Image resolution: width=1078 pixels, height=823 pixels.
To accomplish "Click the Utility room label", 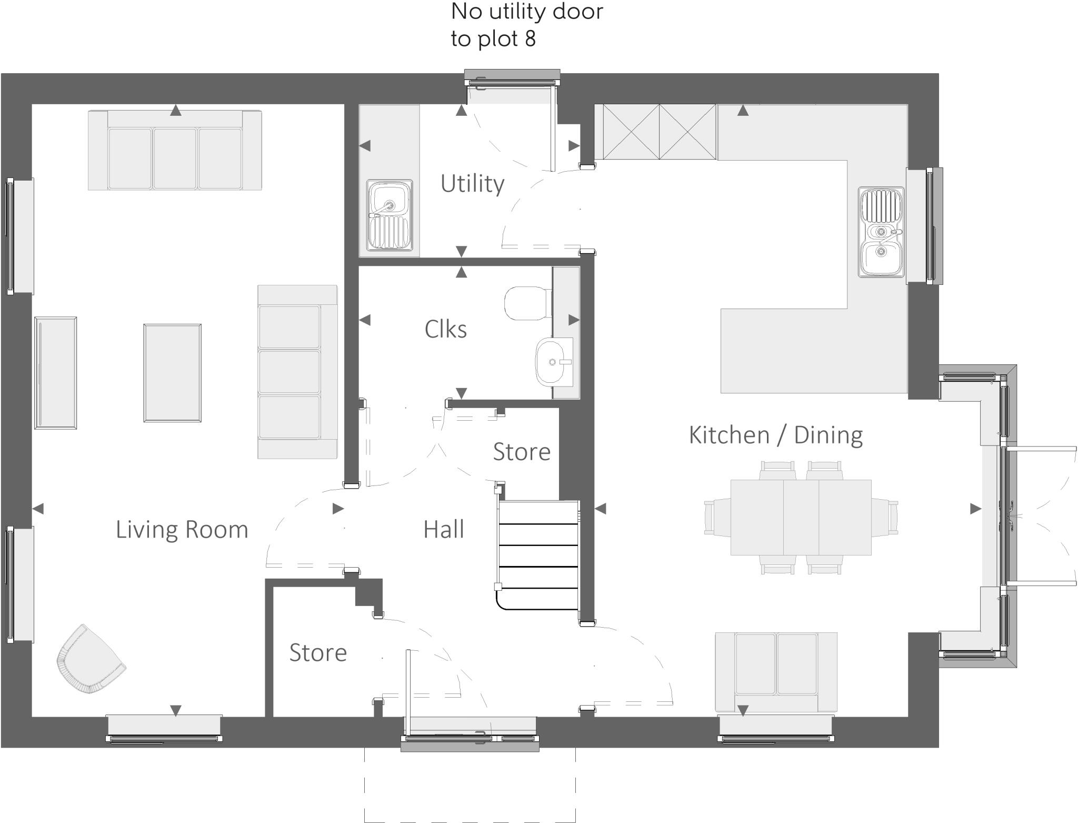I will [472, 183].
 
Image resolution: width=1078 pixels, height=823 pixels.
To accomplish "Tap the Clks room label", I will [445, 329].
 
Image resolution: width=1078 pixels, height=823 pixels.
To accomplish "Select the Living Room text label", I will [182, 529].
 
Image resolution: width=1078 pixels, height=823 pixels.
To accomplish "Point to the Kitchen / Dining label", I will [775, 435].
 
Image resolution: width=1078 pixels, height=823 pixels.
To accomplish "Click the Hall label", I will [444, 529].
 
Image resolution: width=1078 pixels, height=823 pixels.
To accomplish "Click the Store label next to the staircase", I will [521, 452].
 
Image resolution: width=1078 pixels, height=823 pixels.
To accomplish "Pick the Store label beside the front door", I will [318, 652].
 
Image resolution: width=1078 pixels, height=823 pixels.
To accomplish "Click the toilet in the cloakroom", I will [526, 303].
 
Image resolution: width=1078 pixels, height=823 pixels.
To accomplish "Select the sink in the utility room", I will [390, 215].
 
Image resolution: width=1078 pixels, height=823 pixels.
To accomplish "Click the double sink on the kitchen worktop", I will [881, 232].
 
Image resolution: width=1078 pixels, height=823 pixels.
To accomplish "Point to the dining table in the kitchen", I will [801, 517].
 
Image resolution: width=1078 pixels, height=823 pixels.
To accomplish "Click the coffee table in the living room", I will [172, 373].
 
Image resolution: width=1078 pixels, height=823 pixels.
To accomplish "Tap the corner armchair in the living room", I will [89, 660].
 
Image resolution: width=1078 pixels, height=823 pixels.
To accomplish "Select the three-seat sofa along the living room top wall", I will [175, 150].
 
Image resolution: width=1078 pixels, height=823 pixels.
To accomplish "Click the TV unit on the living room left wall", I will [55, 373].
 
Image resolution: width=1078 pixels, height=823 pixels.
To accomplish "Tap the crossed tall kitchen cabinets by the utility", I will [659, 132].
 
